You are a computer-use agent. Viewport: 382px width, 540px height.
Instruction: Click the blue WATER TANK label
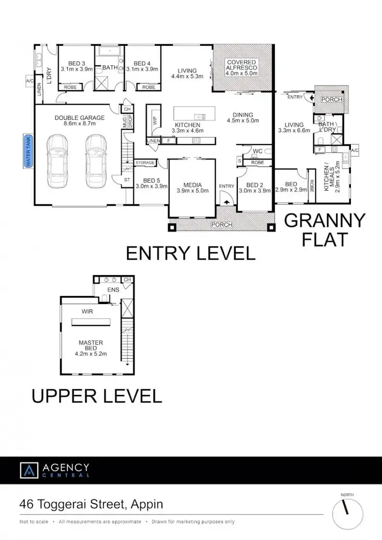pyautogui.click(x=29, y=151)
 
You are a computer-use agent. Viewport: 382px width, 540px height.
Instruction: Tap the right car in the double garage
pyautogui.click(x=95, y=161)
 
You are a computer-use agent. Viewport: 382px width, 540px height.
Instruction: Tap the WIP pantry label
pyautogui.click(x=154, y=121)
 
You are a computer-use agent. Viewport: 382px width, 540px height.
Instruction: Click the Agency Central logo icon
pyautogui.click(x=28, y=470)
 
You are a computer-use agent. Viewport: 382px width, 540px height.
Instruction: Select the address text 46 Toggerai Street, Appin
pyautogui.click(x=91, y=504)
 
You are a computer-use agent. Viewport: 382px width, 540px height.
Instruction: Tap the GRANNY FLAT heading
pyautogui.click(x=324, y=229)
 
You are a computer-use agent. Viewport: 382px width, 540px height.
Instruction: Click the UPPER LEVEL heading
pyautogui.click(x=97, y=396)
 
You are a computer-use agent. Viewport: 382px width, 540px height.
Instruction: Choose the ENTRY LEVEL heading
pyautogui.click(x=190, y=253)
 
